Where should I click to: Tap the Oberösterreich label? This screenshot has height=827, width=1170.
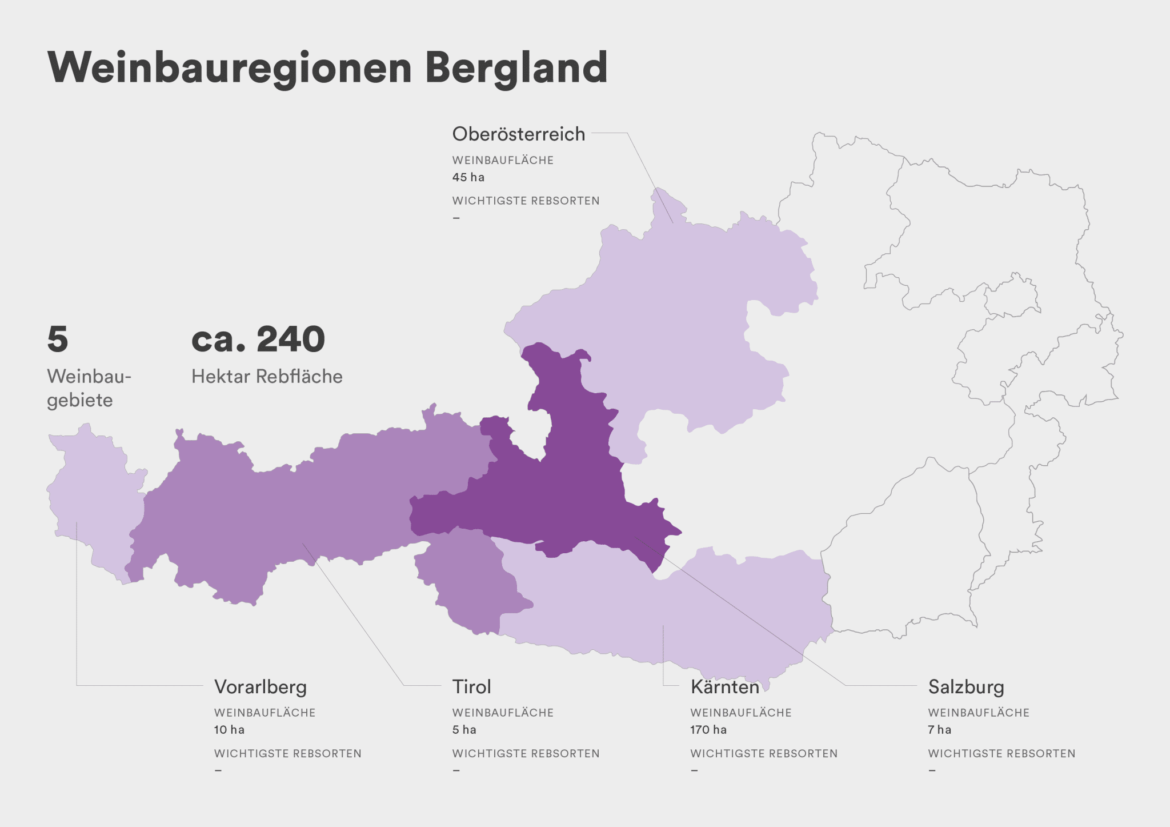pos(518,134)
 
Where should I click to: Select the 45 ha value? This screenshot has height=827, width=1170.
pos(468,177)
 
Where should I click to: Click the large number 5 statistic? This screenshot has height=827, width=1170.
pos(58,339)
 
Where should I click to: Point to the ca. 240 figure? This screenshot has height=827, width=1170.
pos(258,339)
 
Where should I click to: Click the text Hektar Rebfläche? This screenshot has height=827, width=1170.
pos(267,377)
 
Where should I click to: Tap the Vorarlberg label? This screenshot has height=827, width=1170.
pos(261,686)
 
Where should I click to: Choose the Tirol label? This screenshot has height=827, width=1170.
pos(471,686)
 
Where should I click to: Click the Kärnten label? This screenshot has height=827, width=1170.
pos(724,686)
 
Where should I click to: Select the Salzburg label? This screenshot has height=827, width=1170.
pos(965,686)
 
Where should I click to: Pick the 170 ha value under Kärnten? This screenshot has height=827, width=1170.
pos(708,730)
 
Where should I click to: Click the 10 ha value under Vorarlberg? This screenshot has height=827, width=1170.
pos(229,730)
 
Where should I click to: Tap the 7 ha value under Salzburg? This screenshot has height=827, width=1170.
pos(939,730)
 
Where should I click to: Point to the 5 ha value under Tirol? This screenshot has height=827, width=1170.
pos(464,730)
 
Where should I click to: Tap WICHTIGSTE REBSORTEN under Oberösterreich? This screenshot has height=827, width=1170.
pos(526,201)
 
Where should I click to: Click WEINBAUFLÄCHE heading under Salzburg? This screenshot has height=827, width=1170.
pos(978,713)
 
